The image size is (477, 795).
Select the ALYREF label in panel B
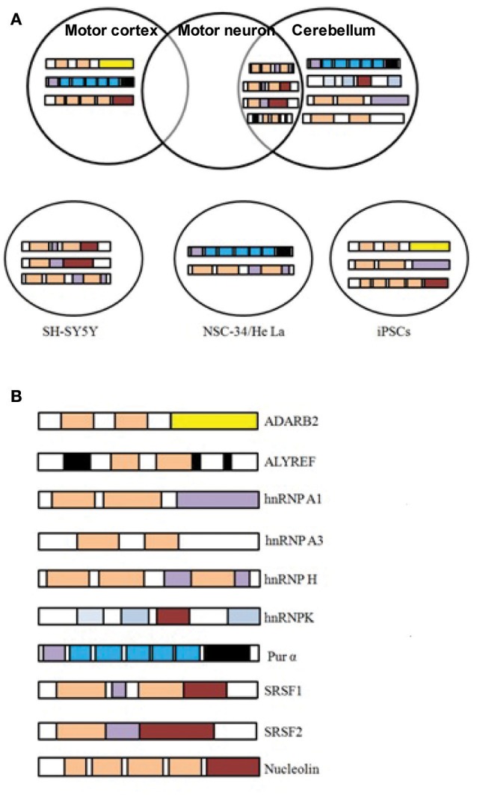(281, 462)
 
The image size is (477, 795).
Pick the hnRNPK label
(280, 616)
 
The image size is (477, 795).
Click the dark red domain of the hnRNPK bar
(173, 616)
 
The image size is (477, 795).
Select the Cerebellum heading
(333, 31)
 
